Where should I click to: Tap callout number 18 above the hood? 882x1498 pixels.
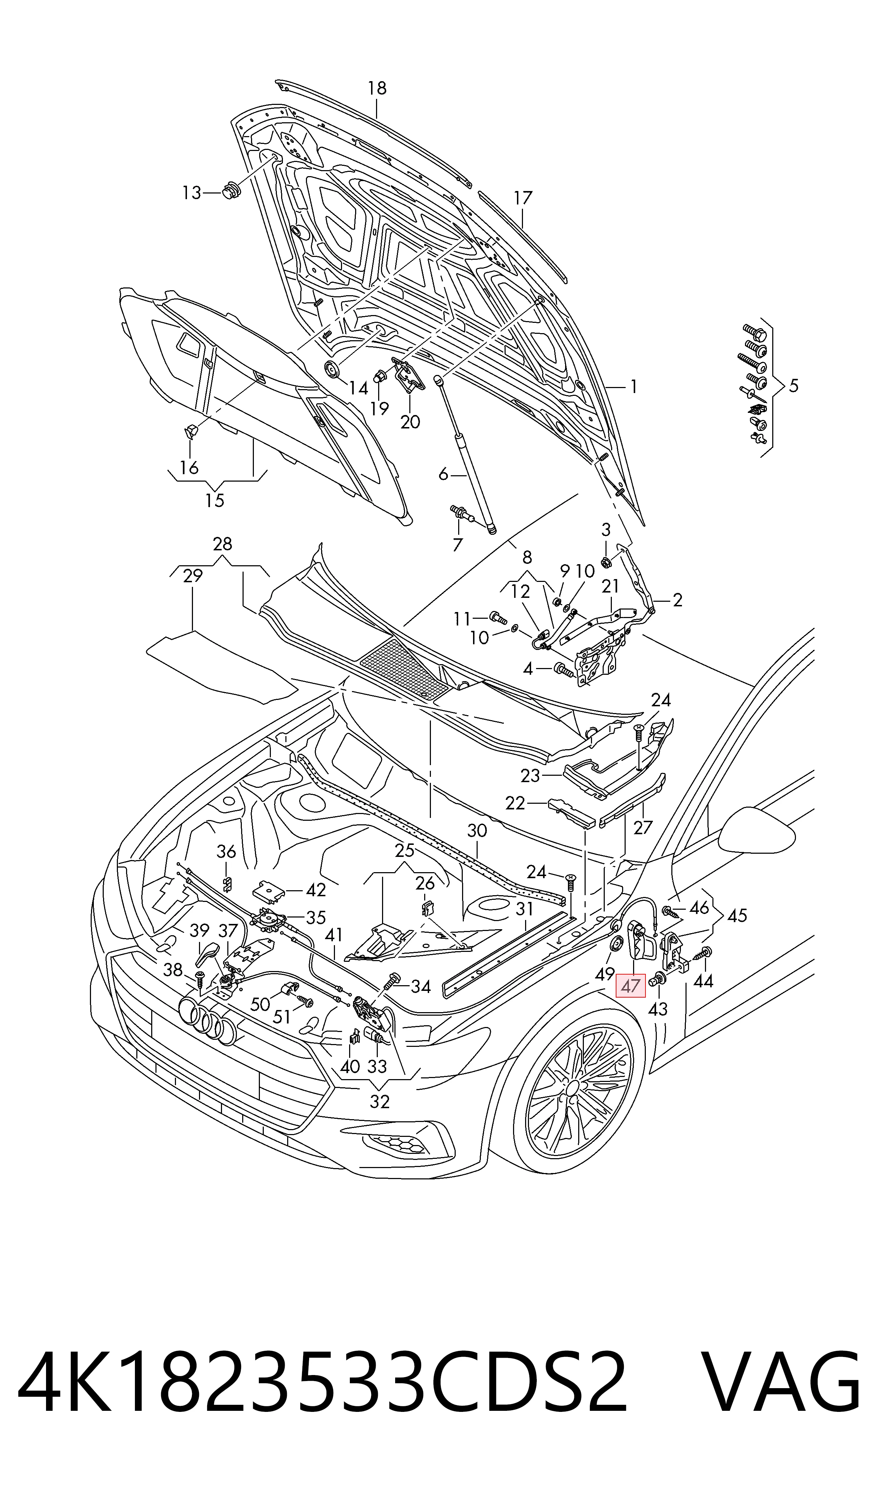(377, 88)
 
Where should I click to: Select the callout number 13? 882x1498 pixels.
(191, 193)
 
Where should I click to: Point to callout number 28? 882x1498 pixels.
(222, 544)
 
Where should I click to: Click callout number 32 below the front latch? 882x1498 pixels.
(380, 1101)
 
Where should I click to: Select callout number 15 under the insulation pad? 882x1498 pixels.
(215, 500)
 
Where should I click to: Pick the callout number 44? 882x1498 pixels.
(703, 981)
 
